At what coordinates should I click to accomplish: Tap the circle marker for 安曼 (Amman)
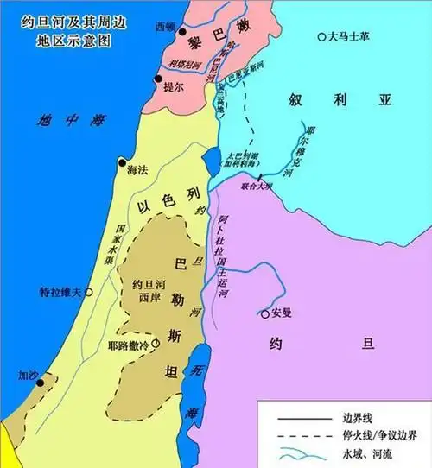(x=265, y=313)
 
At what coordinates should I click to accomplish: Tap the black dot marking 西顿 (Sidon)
(x=182, y=31)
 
